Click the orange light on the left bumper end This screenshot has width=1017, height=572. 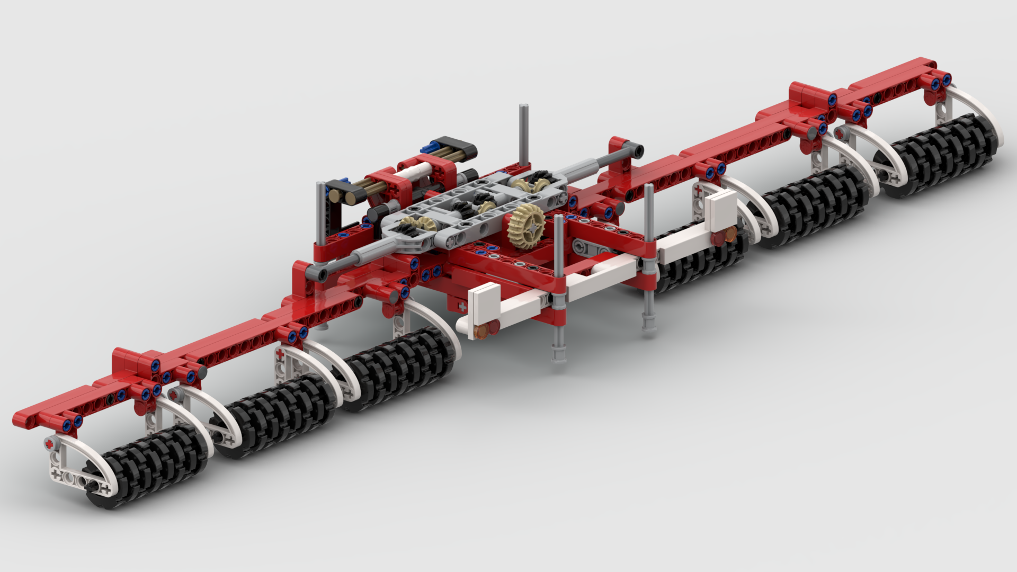[x=482, y=332]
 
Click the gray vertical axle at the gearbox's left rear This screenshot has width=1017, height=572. [x=321, y=212]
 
